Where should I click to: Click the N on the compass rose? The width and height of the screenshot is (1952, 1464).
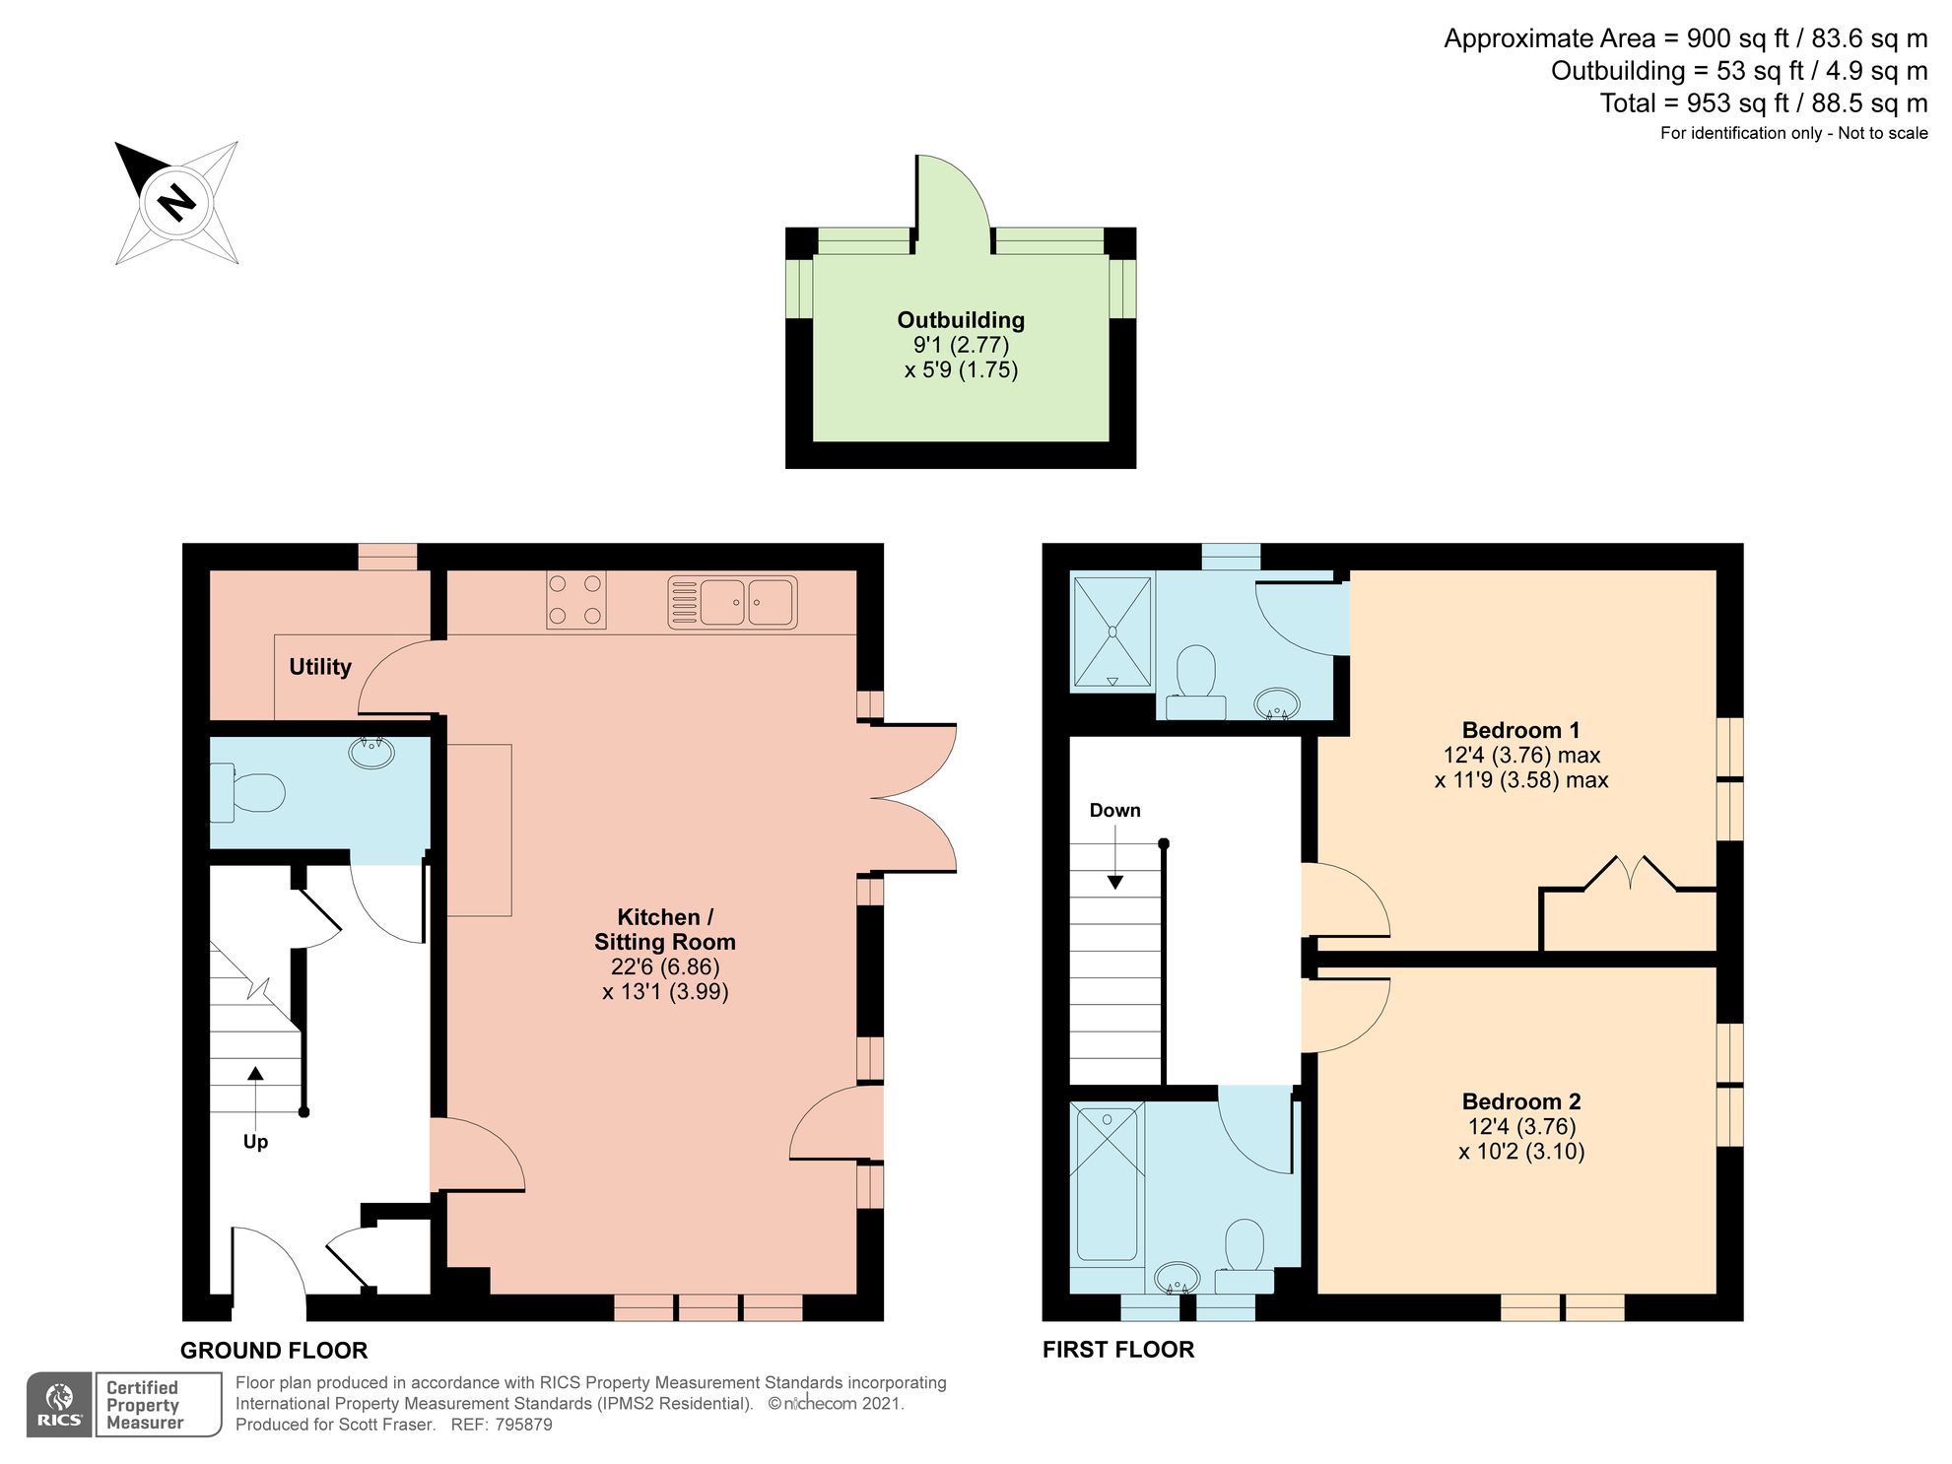pos(177,203)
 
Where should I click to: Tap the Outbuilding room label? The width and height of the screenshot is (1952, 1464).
pos(960,320)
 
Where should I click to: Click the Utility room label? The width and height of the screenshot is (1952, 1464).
pos(319,667)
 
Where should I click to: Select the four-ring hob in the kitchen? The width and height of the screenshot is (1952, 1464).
pos(575,599)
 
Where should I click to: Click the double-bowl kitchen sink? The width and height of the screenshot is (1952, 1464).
pos(732,602)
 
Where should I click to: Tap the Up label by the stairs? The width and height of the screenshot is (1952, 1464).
pos(255,1142)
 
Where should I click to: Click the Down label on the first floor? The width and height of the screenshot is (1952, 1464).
pos(1114,811)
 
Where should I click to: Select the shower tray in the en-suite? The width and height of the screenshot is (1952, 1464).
pos(1111,631)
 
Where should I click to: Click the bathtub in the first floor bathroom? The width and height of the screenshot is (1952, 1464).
pos(1108,1182)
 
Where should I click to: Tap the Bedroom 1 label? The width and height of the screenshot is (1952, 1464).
pos(1520,730)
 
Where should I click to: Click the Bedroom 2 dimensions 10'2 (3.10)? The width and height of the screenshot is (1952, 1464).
pos(1521,1152)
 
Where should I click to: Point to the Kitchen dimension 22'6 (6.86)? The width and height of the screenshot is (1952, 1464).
pos(664,966)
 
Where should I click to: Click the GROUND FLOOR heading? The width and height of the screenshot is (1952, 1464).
pos(273,1351)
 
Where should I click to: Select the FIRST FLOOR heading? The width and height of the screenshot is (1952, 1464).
pos(1117,1350)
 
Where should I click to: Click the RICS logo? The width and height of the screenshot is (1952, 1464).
pos(59,1404)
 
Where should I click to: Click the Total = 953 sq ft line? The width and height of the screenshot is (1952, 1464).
pos(1763,103)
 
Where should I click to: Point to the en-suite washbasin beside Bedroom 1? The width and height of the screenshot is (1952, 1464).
pos(1277,703)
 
